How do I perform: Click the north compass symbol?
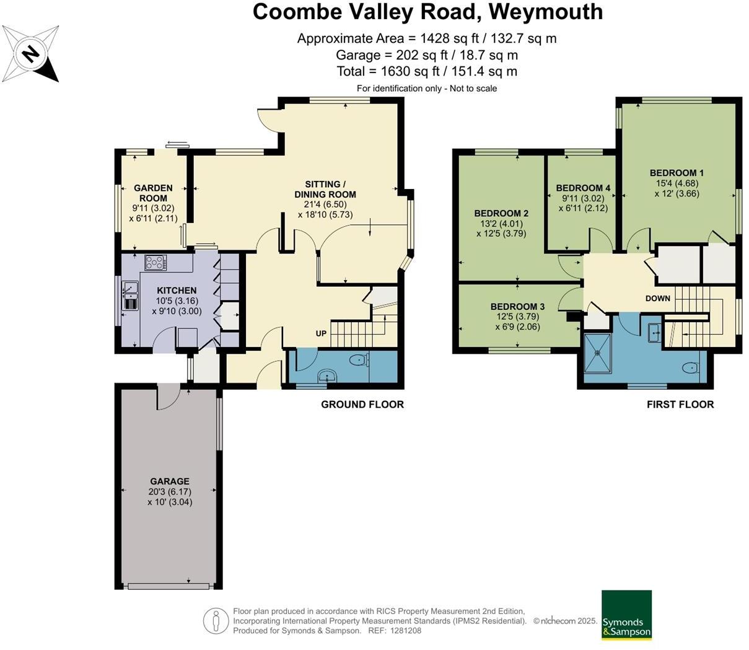(30, 54)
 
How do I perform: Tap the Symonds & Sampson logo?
(626, 615)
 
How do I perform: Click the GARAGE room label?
(170, 481)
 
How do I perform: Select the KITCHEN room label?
(177, 291)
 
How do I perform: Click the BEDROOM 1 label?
(677, 173)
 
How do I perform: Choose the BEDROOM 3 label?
(517, 307)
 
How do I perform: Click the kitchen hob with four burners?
(155, 263)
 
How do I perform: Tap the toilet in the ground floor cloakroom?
(357, 360)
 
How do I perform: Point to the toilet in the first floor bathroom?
(690, 368)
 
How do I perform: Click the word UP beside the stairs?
(321, 333)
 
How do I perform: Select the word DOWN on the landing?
(657, 298)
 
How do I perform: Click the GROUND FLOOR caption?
(362, 405)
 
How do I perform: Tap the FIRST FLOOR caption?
(680, 405)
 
